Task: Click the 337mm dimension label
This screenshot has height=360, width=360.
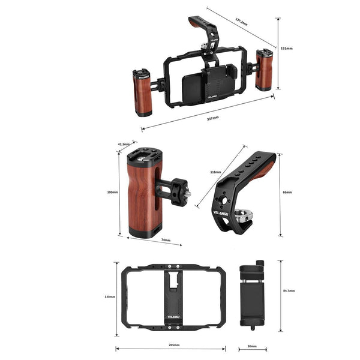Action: click(212, 118)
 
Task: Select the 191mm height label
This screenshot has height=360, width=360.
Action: click(287, 47)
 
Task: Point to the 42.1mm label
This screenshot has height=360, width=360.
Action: click(124, 144)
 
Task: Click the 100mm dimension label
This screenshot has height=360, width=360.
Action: click(112, 192)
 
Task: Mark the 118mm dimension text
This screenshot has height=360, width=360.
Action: click(215, 172)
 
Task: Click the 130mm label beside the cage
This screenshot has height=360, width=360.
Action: click(110, 296)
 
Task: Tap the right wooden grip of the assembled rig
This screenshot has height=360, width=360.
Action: click(264, 70)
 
